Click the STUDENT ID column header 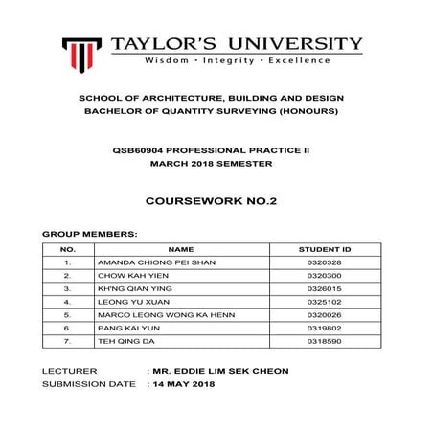pyautogui.click(x=325, y=247)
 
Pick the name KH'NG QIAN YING pyautogui.click(x=122, y=287)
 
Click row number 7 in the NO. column pyautogui.click(x=67, y=340)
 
